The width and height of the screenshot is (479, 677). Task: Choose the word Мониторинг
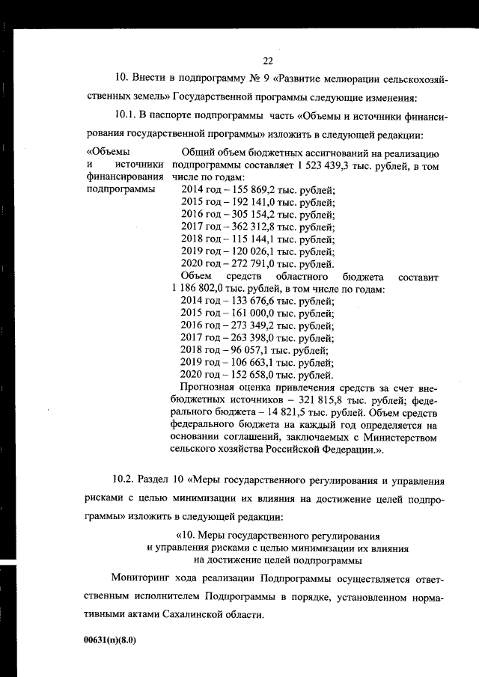[141, 579]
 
